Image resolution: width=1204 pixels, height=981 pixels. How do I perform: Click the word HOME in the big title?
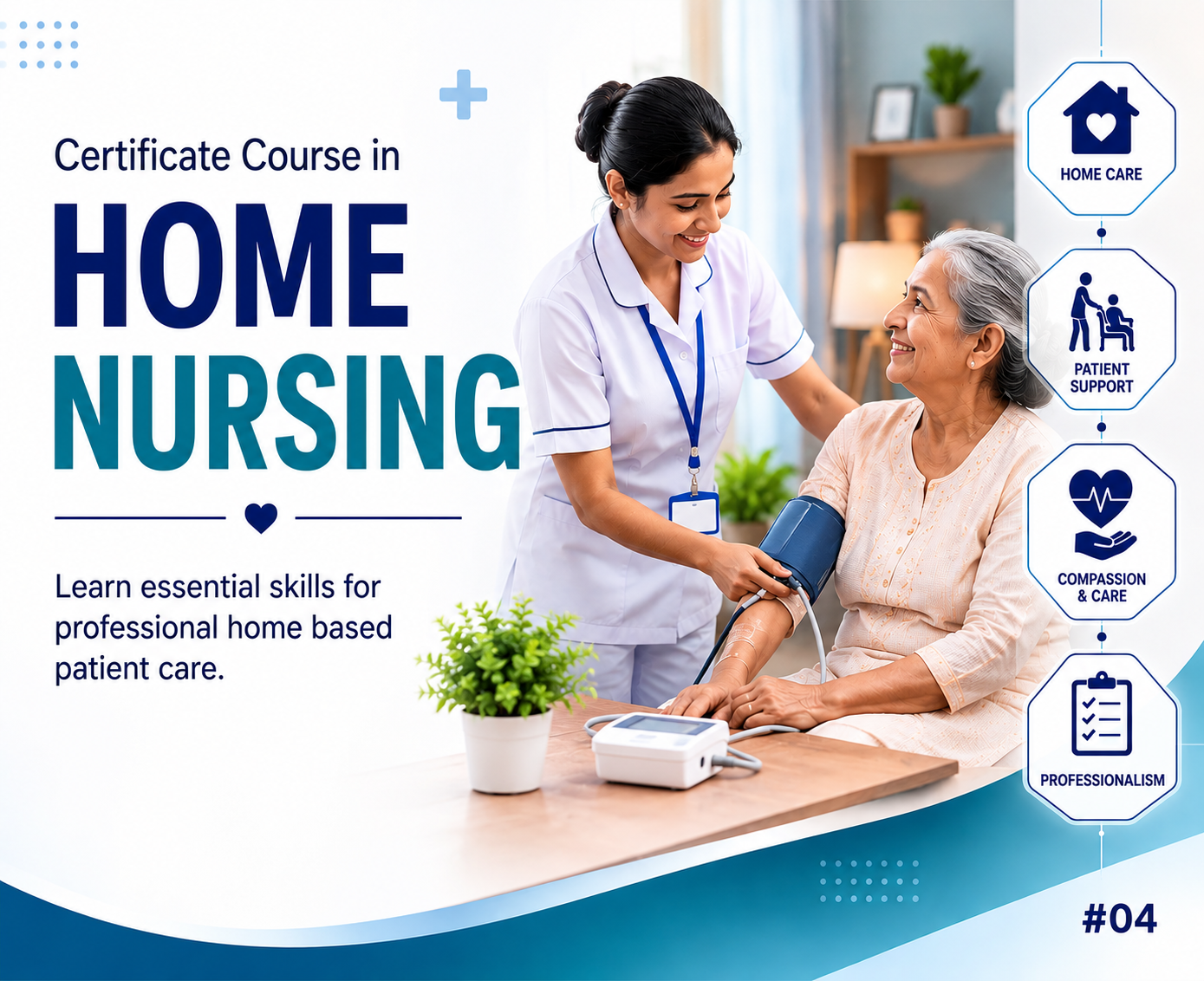click(231, 265)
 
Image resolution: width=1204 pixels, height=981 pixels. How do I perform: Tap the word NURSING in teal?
click(287, 413)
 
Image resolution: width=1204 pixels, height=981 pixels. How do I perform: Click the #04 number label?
click(1119, 919)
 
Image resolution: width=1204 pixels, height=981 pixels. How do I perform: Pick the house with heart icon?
click(1101, 118)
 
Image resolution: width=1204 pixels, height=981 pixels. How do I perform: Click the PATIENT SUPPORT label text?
click(1101, 378)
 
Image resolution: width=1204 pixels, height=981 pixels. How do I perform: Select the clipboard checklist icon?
click(1102, 714)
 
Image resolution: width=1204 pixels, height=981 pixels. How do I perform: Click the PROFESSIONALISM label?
click(1103, 781)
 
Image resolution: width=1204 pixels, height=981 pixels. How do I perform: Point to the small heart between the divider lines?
click(261, 517)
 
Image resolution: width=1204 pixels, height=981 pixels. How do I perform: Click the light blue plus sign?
click(464, 94)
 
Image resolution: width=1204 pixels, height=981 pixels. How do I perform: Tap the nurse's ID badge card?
click(694, 512)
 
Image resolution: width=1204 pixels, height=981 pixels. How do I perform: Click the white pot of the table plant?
click(506, 750)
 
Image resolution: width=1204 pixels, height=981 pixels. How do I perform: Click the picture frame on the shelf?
click(893, 113)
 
